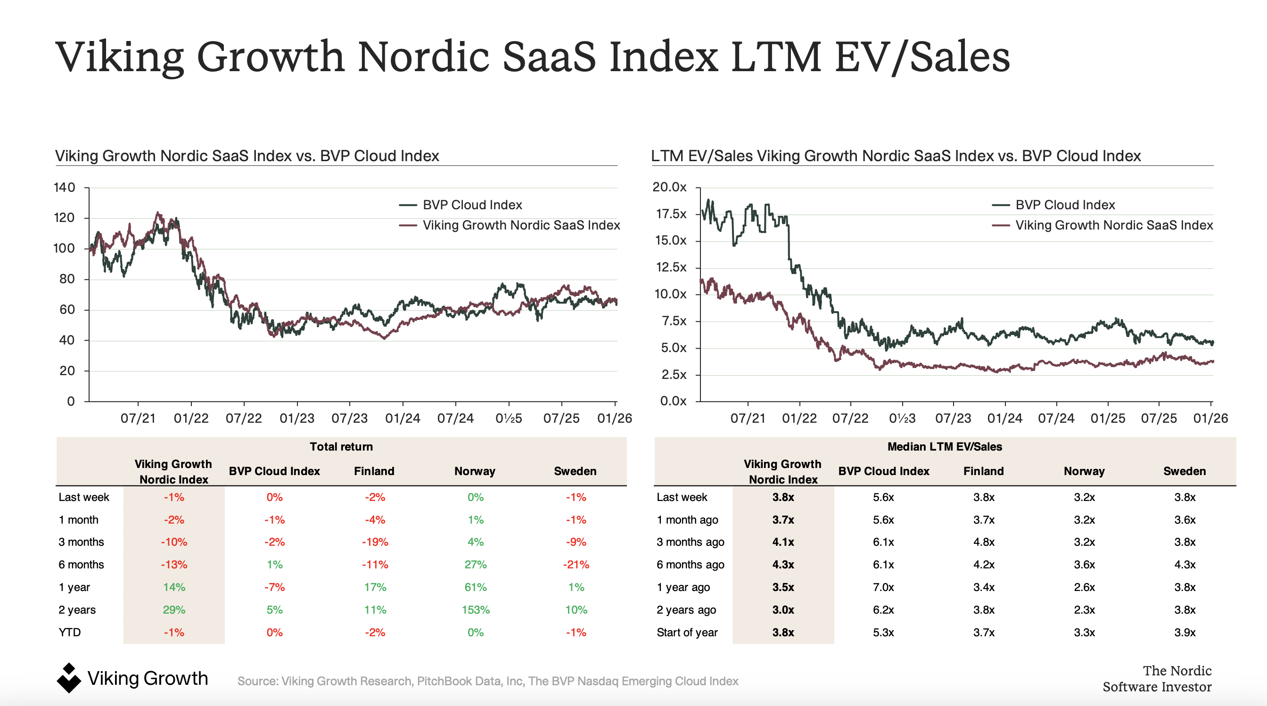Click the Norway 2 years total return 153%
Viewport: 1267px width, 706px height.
click(x=475, y=610)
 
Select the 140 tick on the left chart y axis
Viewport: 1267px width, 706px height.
click(x=65, y=187)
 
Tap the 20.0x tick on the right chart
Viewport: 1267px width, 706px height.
click(x=669, y=187)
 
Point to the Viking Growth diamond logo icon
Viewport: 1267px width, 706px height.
click(x=68, y=678)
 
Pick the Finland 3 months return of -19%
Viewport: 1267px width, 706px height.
click(x=375, y=542)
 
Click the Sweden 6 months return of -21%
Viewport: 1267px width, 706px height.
click(x=576, y=565)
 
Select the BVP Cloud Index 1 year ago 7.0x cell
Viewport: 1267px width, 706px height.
click(x=883, y=587)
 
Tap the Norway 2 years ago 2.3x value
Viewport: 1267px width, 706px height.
click(x=1084, y=610)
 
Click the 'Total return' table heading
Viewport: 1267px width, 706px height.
click(x=341, y=446)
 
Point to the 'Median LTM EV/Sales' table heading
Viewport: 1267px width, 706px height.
click(x=944, y=446)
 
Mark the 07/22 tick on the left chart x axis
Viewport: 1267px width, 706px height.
click(x=244, y=419)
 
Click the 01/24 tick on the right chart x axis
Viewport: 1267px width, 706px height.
click(x=1004, y=419)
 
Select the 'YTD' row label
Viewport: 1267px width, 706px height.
click(x=69, y=632)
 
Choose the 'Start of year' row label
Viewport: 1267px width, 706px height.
click(x=687, y=632)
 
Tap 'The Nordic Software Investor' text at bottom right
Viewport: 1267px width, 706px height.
click(x=1157, y=679)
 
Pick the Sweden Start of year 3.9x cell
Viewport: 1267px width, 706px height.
click(x=1185, y=632)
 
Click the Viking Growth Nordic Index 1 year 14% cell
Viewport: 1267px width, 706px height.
click(x=174, y=587)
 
